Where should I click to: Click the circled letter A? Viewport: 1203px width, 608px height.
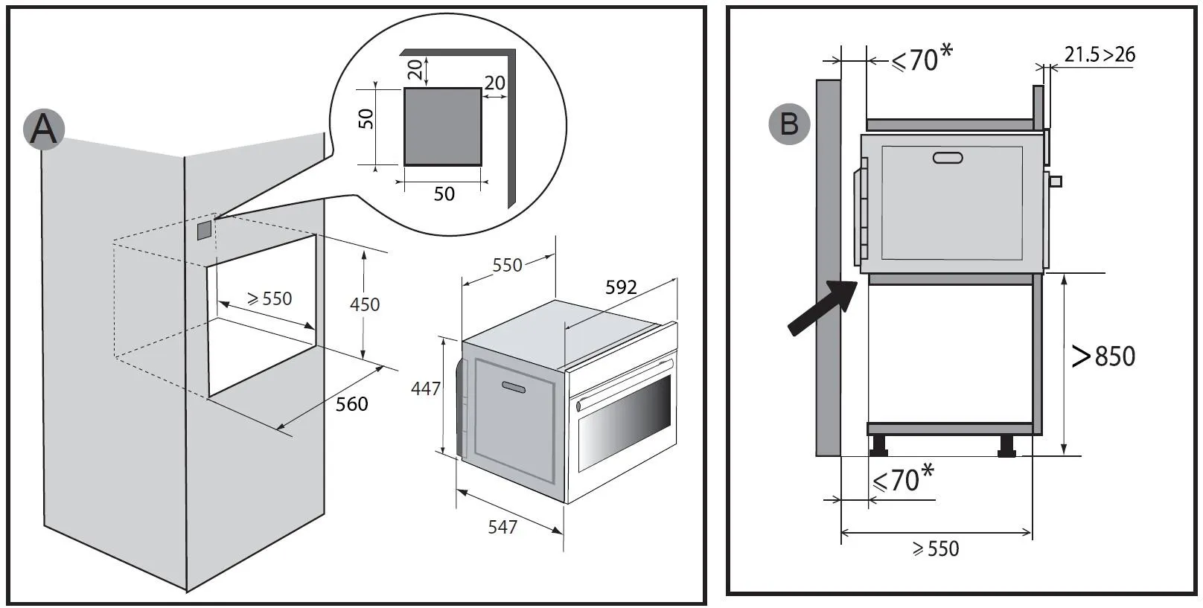44,129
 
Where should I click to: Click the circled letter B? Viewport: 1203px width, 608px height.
789,124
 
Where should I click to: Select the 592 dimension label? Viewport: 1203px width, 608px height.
621,287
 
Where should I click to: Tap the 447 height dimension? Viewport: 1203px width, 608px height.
426,388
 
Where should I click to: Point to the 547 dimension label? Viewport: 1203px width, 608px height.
502,528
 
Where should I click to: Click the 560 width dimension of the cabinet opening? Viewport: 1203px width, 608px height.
351,404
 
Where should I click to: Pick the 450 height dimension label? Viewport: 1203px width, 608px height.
365,304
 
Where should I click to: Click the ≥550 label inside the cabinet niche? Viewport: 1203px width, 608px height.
269,299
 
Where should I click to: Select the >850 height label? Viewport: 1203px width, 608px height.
1103,356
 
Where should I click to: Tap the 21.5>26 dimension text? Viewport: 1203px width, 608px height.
1100,54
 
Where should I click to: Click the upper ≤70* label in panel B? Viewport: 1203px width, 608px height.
922,58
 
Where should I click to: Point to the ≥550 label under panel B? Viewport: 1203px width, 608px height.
936,549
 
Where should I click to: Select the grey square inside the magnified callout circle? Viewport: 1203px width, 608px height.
443,127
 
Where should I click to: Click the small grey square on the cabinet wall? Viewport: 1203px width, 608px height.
204,230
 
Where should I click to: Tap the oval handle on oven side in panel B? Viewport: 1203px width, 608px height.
947,158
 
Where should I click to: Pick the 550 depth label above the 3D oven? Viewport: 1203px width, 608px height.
508,265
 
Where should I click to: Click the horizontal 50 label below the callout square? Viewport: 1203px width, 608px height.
444,194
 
